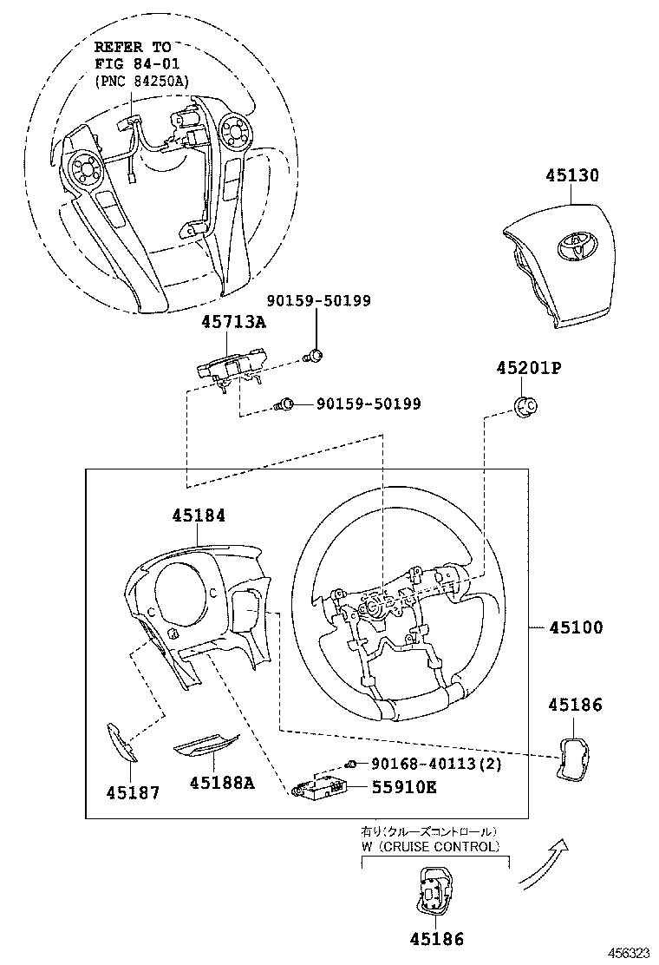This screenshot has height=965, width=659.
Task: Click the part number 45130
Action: click(x=572, y=175)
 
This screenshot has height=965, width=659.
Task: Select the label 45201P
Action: click(x=529, y=368)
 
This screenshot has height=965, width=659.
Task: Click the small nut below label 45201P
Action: click(x=525, y=404)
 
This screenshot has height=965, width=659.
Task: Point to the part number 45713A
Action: click(x=233, y=322)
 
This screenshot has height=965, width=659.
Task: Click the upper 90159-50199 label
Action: click(x=319, y=301)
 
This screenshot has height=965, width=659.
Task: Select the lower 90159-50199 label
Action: click(x=369, y=404)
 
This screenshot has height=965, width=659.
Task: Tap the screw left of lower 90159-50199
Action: click(x=285, y=404)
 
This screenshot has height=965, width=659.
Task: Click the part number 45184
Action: click(x=199, y=515)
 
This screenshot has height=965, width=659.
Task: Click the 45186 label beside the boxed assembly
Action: click(x=575, y=706)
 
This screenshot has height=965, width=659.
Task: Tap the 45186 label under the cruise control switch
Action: click(x=437, y=939)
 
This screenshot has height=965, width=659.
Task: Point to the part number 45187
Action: click(x=134, y=792)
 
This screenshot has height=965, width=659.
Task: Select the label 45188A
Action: click(x=222, y=783)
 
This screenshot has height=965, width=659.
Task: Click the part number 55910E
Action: click(x=404, y=787)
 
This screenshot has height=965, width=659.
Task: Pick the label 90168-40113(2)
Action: click(x=436, y=764)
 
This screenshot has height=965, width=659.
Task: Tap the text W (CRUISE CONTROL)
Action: click(x=431, y=846)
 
